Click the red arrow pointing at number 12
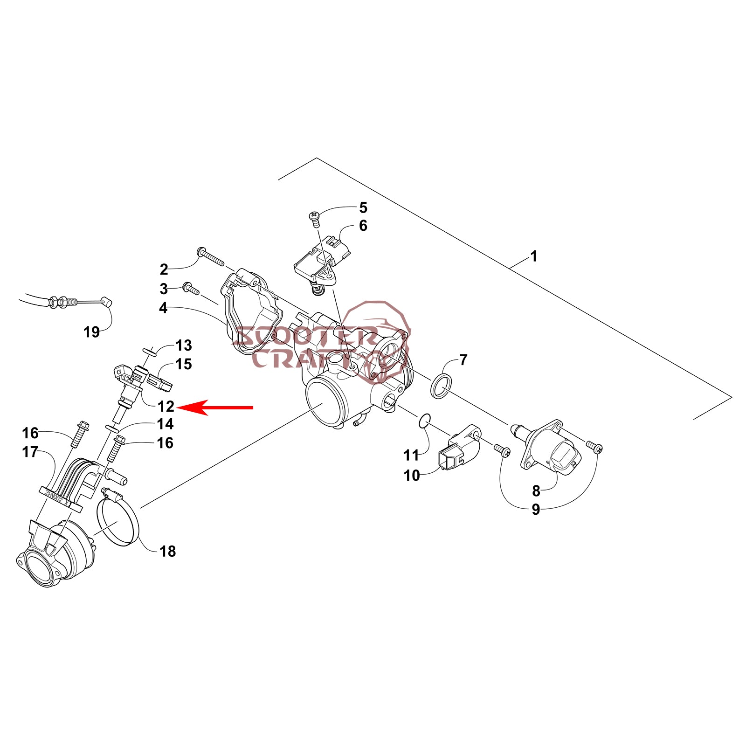click(215, 407)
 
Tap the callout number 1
click(534, 256)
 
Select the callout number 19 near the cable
click(91, 332)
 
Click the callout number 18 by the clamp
click(167, 551)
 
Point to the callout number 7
click(463, 360)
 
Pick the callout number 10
click(412, 475)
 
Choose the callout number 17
click(30, 452)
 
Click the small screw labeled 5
click(314, 217)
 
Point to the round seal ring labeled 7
click(441, 386)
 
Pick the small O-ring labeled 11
click(424, 421)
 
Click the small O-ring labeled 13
click(148, 350)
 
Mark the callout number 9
click(536, 509)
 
